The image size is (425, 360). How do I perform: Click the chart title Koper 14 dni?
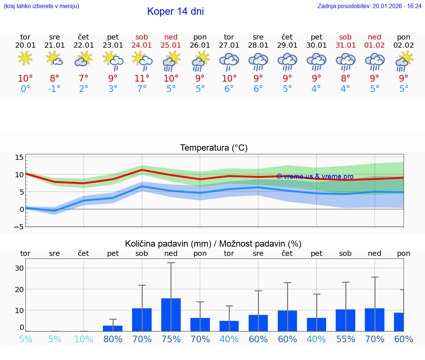tap(175, 11)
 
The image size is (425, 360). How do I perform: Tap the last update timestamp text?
tap(369, 6)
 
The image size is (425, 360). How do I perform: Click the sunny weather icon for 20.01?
tap(25, 58)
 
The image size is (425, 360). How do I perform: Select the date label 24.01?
tap(142, 45)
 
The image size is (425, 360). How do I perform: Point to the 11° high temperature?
tap(142, 79)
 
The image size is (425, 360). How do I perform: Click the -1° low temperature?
tap(54, 89)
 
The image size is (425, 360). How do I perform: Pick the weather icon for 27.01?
tap(229, 61)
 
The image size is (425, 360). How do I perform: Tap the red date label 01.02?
tap(374, 45)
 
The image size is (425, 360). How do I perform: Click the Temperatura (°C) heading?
tap(214, 148)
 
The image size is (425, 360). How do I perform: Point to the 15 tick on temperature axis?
tap(19, 158)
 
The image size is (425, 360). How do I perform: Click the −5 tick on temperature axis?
tap(19, 226)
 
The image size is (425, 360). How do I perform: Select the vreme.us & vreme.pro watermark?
tap(315, 176)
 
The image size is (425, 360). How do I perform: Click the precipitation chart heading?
tap(213, 244)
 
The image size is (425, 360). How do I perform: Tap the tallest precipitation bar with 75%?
tap(171, 315)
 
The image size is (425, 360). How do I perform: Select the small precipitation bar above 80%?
tap(113, 328)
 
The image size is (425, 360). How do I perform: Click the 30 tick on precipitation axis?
tap(19, 268)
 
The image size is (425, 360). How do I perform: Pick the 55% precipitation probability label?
tap(345, 339)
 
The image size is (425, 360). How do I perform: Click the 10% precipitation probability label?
tap(84, 339)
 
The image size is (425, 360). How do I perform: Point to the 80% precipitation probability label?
tap(113, 339)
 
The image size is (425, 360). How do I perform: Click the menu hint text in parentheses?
tap(41, 6)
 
